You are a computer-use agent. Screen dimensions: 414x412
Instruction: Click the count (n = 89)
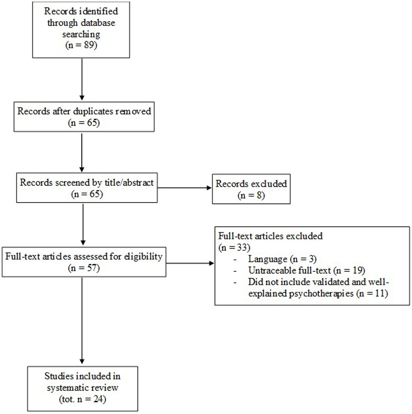click(x=81, y=45)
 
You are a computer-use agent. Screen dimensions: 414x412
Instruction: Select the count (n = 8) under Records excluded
click(x=251, y=195)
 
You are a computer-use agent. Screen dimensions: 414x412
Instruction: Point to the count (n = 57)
click(x=84, y=268)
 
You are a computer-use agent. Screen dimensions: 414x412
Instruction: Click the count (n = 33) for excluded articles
click(x=234, y=247)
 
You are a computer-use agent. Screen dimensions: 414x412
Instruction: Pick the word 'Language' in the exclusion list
click(x=268, y=259)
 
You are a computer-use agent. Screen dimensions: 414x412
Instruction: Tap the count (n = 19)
click(x=349, y=271)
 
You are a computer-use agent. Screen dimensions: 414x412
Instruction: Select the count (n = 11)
click(x=372, y=293)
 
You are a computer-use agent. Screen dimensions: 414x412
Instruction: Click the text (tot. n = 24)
click(x=83, y=399)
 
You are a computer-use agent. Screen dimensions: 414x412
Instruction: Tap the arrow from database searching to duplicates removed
click(x=82, y=79)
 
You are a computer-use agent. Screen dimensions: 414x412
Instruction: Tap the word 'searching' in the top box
click(x=81, y=34)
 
